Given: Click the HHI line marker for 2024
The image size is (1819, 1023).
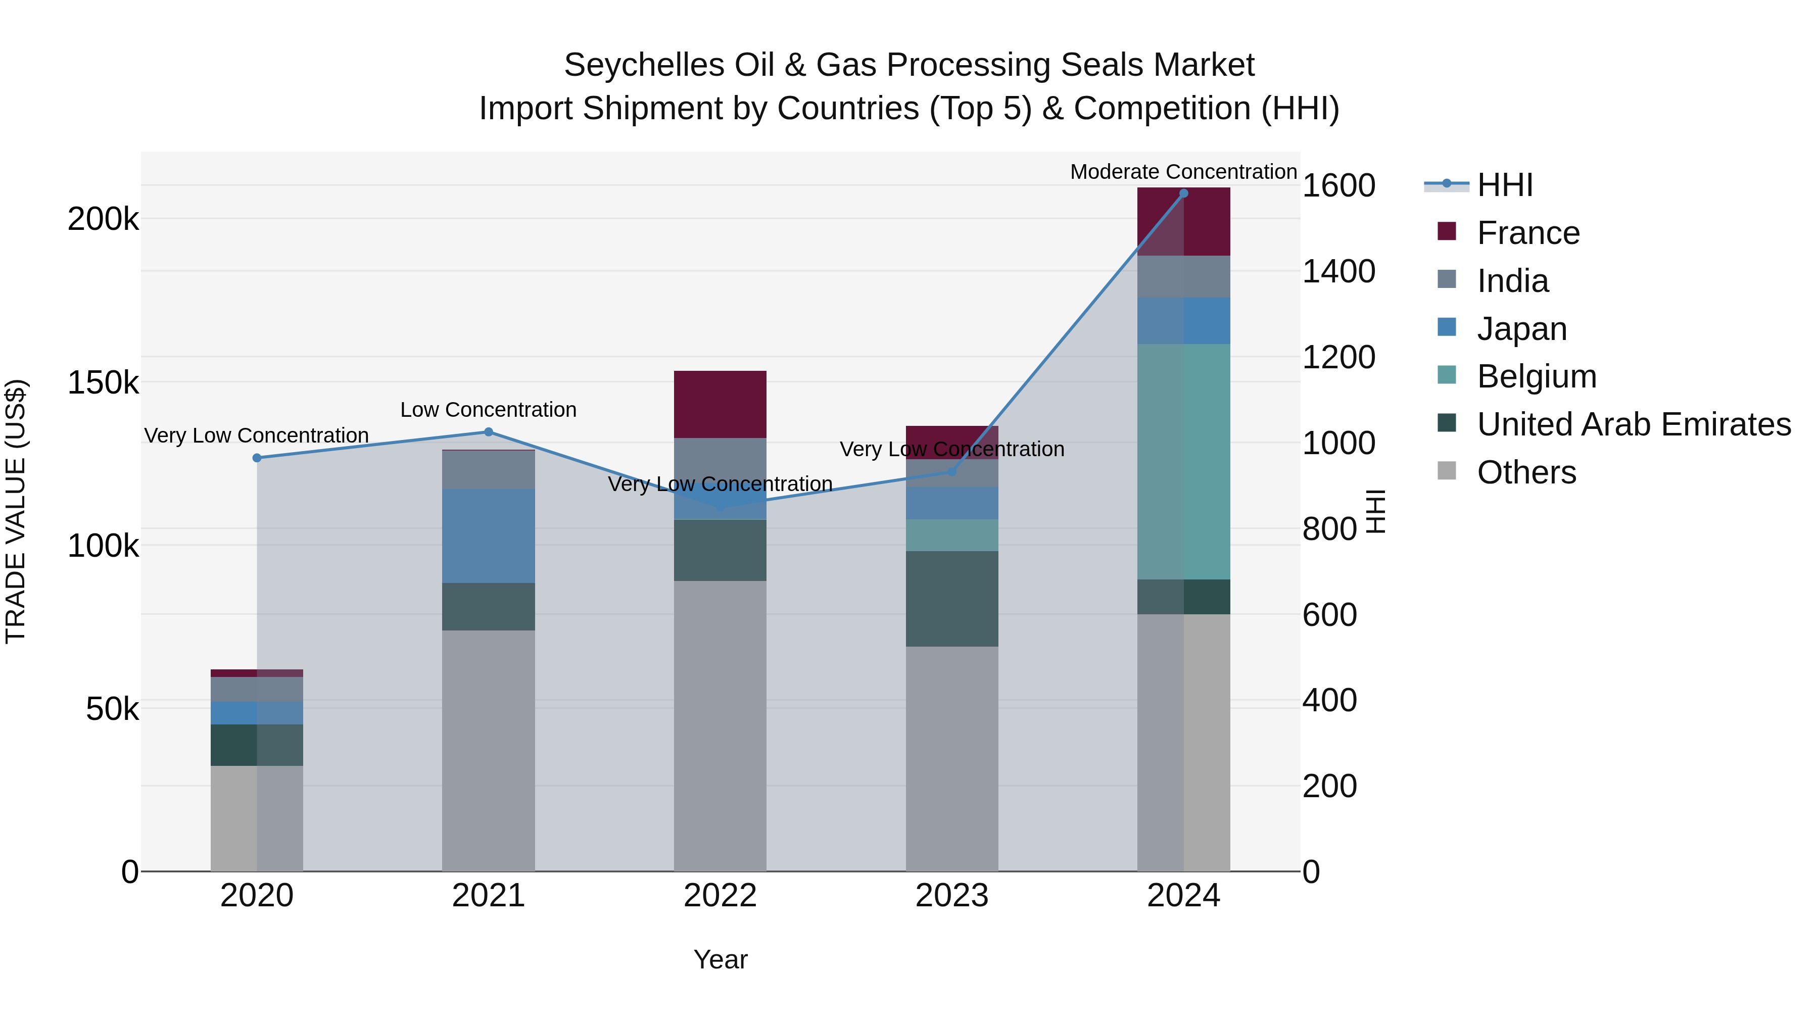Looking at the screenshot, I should pos(1183,193).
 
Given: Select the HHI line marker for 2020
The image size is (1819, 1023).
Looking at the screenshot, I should pos(257,458).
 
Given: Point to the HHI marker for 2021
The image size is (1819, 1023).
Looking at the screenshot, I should pos(489,432).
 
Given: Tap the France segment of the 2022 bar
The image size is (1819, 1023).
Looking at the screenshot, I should pos(720,405).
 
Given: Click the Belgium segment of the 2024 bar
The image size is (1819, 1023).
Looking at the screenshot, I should pos(1183,462).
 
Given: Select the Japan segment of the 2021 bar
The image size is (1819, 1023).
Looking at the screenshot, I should pos(489,536).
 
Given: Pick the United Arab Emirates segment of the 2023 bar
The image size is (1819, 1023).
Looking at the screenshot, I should pos(952,599).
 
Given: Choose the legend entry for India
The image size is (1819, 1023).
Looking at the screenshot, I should pos(1512,281).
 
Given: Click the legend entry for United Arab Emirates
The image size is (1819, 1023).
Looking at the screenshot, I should pos(1633,424).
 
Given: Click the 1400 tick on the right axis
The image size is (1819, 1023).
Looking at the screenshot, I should pos(1338,271).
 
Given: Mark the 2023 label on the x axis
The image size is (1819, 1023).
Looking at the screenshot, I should pos(952,896).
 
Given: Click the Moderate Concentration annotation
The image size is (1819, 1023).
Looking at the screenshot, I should pos(1183,172).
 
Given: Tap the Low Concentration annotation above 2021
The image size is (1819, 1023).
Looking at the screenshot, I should pos(489,410).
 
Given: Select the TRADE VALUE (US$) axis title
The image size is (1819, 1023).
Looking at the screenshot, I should pos(16,511).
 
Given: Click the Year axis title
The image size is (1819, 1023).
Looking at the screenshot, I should pos(720,959).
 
